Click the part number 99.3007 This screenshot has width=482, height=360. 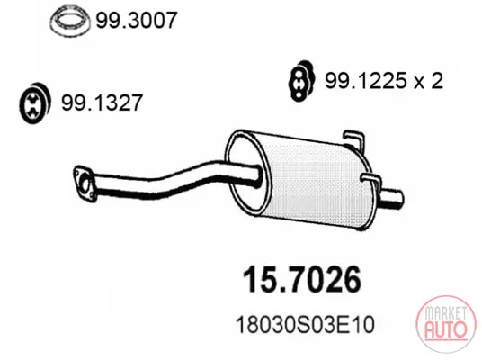(x=137, y=21)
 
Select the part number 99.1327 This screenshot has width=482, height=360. (x=102, y=103)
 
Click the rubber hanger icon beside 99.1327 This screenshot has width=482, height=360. (x=34, y=103)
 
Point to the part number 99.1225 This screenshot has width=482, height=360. (x=365, y=81)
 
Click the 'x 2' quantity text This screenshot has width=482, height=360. (x=428, y=81)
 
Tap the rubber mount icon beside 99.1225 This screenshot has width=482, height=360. (x=301, y=81)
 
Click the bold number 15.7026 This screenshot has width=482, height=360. (x=302, y=279)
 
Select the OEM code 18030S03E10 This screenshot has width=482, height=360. (x=305, y=324)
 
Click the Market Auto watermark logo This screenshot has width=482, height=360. (x=446, y=324)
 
